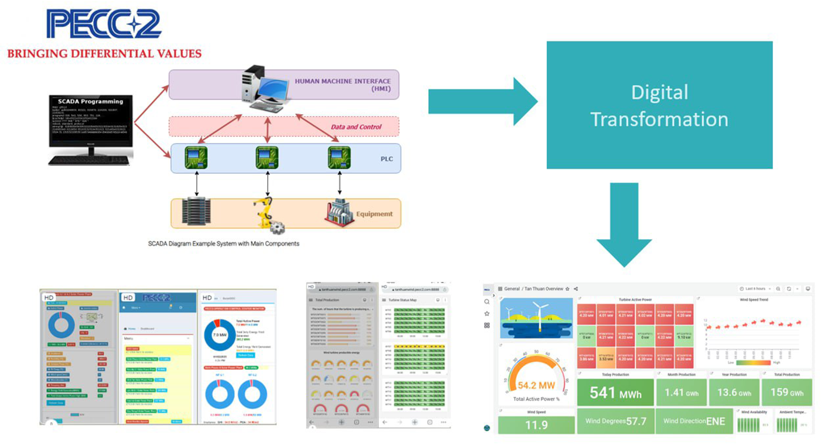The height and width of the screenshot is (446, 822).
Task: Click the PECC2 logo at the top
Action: point(104,24)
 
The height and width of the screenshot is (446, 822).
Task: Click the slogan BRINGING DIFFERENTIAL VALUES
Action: point(104,54)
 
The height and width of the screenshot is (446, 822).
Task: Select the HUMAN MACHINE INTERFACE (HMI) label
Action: point(342,84)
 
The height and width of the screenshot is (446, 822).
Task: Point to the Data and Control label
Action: point(356,127)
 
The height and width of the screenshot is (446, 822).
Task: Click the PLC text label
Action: point(386,159)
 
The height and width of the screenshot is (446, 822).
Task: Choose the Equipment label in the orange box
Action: point(374,214)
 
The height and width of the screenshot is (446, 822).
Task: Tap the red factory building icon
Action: point(339,213)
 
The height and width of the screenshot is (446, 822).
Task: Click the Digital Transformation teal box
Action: point(659,105)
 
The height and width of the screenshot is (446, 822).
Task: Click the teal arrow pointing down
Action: point(624,224)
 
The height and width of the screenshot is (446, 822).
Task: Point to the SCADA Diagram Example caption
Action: point(224,244)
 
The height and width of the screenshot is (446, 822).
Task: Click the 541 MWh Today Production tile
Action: point(615,393)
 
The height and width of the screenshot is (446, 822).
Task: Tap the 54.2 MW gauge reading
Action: point(536,386)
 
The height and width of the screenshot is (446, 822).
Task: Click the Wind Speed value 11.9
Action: point(536,425)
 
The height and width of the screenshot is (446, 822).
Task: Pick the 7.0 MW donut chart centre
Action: point(219,334)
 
